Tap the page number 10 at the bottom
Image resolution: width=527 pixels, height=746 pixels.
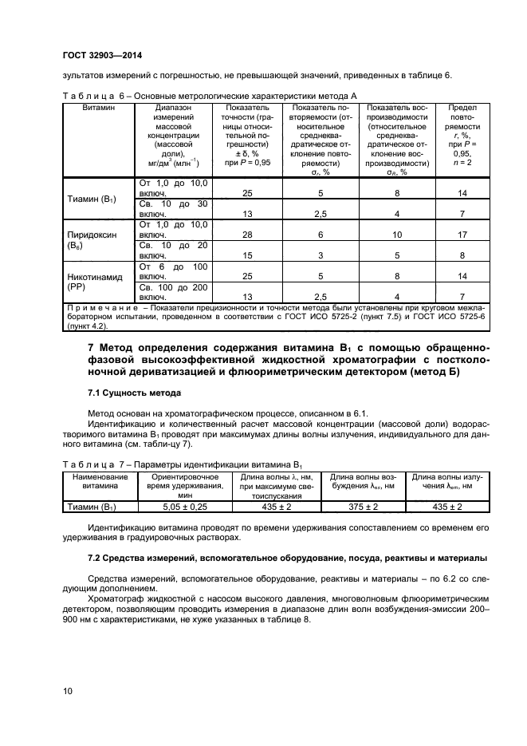pyautogui.click(x=67, y=690)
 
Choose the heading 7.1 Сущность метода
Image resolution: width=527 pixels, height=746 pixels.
pyautogui.click(x=134, y=393)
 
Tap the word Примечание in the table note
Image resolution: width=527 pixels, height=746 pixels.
pyautogui.click(x=100, y=307)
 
